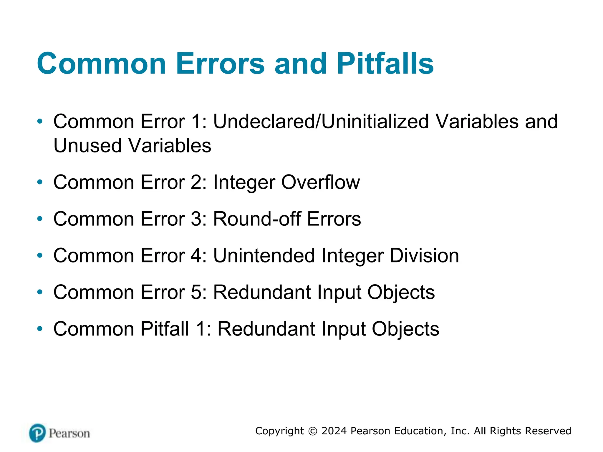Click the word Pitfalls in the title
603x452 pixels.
(x=385, y=64)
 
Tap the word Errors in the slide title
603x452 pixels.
(x=220, y=64)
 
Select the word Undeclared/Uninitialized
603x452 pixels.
(x=321, y=122)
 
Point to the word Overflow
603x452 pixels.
(x=320, y=182)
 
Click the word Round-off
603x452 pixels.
(x=257, y=219)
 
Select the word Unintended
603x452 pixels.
(x=264, y=255)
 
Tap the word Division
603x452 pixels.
(x=424, y=255)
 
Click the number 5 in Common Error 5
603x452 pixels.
(x=196, y=292)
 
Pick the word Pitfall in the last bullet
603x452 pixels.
(x=165, y=329)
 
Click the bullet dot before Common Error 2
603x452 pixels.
(x=40, y=182)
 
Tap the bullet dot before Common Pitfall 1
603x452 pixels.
(x=40, y=329)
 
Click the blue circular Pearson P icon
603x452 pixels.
(x=37, y=433)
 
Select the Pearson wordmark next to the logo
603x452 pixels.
(x=69, y=433)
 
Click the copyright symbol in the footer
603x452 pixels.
(x=313, y=431)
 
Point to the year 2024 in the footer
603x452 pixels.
(x=334, y=431)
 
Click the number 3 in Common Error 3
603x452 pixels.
(x=196, y=219)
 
